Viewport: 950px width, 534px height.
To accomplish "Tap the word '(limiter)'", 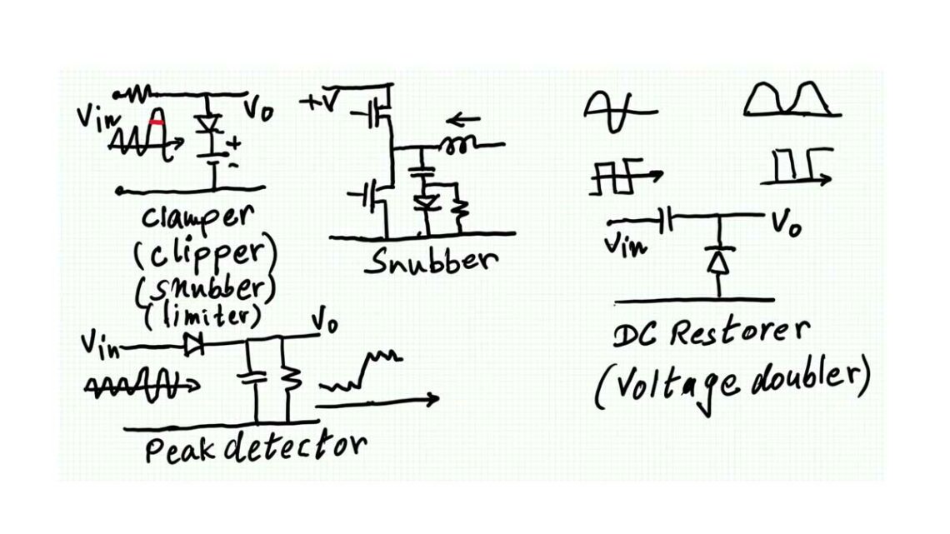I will coord(205,315).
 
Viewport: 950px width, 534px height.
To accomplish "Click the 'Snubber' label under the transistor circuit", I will coord(431,262).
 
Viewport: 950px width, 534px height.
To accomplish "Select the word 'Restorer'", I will coord(738,333).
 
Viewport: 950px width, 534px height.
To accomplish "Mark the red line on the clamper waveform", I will coord(155,122).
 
